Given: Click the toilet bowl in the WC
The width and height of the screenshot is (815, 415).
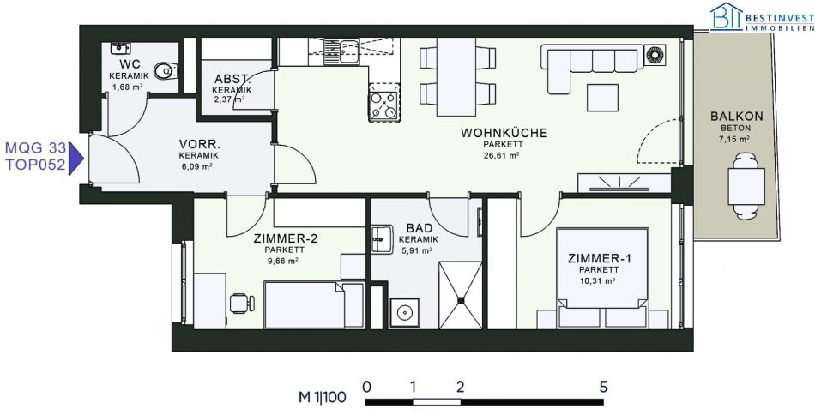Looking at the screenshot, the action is click(x=166, y=70).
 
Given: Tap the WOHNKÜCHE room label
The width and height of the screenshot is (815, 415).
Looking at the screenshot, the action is click(x=504, y=133).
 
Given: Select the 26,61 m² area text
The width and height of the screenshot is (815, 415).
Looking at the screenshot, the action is click(x=502, y=155).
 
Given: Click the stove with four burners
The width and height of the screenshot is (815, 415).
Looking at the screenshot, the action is click(x=384, y=102).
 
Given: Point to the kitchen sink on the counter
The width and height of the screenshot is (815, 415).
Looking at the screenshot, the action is click(x=341, y=52).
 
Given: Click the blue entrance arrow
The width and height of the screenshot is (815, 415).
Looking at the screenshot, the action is click(x=76, y=159).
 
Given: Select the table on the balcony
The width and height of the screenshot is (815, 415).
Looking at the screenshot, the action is click(x=746, y=186).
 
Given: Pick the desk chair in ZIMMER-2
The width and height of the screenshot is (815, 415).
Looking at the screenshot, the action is click(x=242, y=303).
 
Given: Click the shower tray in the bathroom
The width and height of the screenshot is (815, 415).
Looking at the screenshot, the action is click(x=461, y=295).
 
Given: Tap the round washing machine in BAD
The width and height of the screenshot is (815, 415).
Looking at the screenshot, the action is click(x=404, y=312).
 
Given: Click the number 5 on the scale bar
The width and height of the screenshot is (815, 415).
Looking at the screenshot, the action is click(x=603, y=387).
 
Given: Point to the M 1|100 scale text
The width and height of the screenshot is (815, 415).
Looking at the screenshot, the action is click(x=323, y=398).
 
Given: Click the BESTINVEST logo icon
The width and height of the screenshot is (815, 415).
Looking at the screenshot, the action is click(x=727, y=16).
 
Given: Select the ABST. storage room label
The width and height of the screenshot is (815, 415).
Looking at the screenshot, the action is click(x=232, y=80).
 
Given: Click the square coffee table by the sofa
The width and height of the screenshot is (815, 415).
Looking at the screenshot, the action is click(x=602, y=98).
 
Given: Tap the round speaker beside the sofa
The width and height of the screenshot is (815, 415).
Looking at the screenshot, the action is click(x=655, y=55).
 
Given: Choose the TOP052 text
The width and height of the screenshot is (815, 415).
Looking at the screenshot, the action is click(x=35, y=165).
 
